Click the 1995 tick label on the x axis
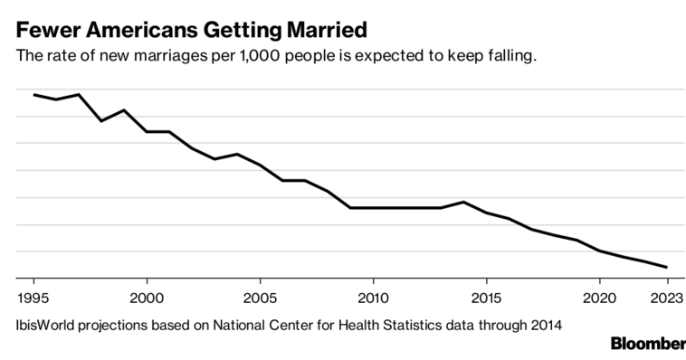(x=34, y=298)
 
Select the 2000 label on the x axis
(x=147, y=298)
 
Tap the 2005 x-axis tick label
(x=260, y=298)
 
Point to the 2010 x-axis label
(x=373, y=298)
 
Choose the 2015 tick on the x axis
(x=486, y=298)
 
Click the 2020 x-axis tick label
(x=599, y=298)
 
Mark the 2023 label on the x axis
(x=666, y=298)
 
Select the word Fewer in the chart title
(x=44, y=29)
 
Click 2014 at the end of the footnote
(x=545, y=323)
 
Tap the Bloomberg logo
(x=648, y=344)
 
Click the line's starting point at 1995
(x=34, y=95)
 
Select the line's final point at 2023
(x=667, y=267)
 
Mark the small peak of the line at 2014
(x=463, y=202)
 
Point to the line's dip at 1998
(x=101, y=121)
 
